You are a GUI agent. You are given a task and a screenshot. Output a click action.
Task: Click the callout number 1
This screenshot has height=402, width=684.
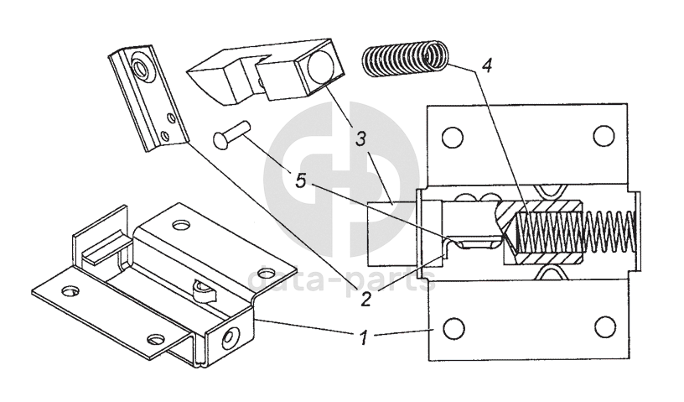(x=364, y=339)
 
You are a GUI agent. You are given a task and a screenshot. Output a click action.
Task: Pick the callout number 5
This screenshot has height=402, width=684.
(x=299, y=178)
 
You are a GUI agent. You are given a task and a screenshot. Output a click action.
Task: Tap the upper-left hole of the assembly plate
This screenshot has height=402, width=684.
(x=453, y=135)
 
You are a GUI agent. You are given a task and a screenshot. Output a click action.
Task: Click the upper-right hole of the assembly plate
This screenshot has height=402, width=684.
(x=600, y=135)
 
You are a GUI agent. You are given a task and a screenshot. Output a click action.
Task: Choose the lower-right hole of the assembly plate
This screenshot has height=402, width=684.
(x=600, y=328)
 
